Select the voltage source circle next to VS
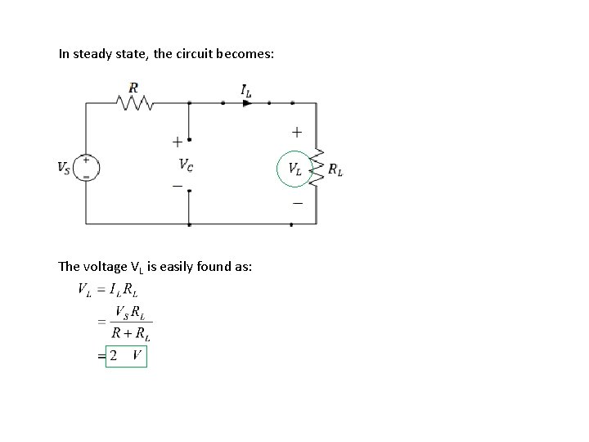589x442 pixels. pos(86,167)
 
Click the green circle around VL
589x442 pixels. pos(294,169)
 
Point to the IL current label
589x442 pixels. pos(246,92)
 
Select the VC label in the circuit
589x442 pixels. pos(187,165)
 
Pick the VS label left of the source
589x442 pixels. pos(64,168)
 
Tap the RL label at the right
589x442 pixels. pos(335,170)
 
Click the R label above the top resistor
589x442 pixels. pos(133,88)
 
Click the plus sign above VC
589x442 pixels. pos(178,141)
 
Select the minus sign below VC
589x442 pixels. pos(178,187)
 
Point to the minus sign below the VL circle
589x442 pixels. pos(296,202)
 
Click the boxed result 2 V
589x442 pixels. pos(127,356)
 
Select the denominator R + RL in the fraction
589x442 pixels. pos(132,334)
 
